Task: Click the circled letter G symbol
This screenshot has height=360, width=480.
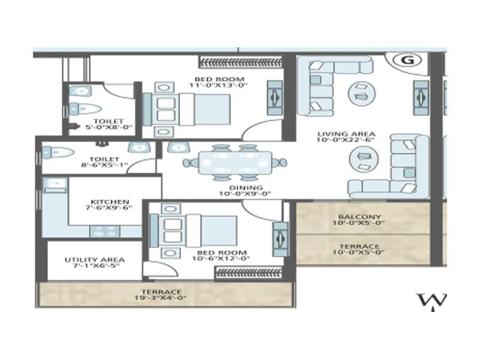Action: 409,60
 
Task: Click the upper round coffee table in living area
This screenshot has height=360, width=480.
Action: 362,91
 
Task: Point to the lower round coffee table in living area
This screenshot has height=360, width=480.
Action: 363,159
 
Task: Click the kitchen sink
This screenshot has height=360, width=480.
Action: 55,184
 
